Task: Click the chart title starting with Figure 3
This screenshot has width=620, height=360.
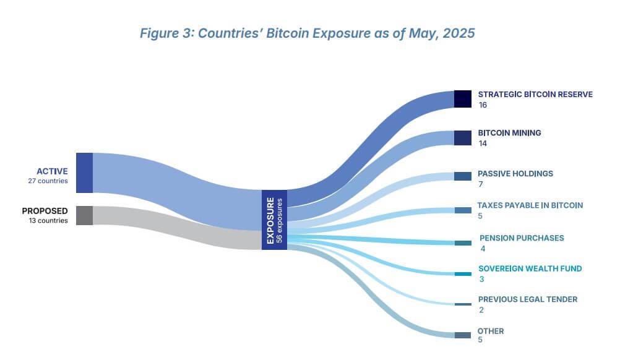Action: [308, 33]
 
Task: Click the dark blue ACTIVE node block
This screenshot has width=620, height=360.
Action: [84, 173]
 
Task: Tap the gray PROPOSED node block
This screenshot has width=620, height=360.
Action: [84, 215]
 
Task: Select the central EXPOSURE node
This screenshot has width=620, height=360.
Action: [274, 220]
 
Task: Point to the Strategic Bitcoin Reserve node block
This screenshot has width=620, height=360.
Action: [463, 99]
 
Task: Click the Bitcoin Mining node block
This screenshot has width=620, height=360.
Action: [463, 137]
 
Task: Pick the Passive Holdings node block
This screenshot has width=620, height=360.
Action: [463, 176]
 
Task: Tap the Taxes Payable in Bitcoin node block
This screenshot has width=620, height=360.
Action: [463, 210]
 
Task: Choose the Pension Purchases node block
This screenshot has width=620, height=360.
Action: [463, 243]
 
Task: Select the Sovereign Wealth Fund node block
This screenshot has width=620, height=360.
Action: [463, 273]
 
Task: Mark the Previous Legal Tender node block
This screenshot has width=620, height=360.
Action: [463, 304]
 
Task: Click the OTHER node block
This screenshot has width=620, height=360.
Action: [463, 335]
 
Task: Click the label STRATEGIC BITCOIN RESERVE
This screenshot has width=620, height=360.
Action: [535, 95]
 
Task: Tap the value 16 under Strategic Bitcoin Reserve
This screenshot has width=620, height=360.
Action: [483, 105]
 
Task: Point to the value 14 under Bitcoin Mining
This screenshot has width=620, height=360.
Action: [483, 143]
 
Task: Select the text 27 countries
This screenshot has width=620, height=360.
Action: [48, 181]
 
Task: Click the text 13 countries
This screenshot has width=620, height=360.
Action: [48, 220]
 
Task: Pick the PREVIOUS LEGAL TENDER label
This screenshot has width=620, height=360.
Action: [528, 299]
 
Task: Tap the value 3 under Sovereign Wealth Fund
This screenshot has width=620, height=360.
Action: [481, 279]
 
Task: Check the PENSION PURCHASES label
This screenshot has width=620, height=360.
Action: [522, 238]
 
